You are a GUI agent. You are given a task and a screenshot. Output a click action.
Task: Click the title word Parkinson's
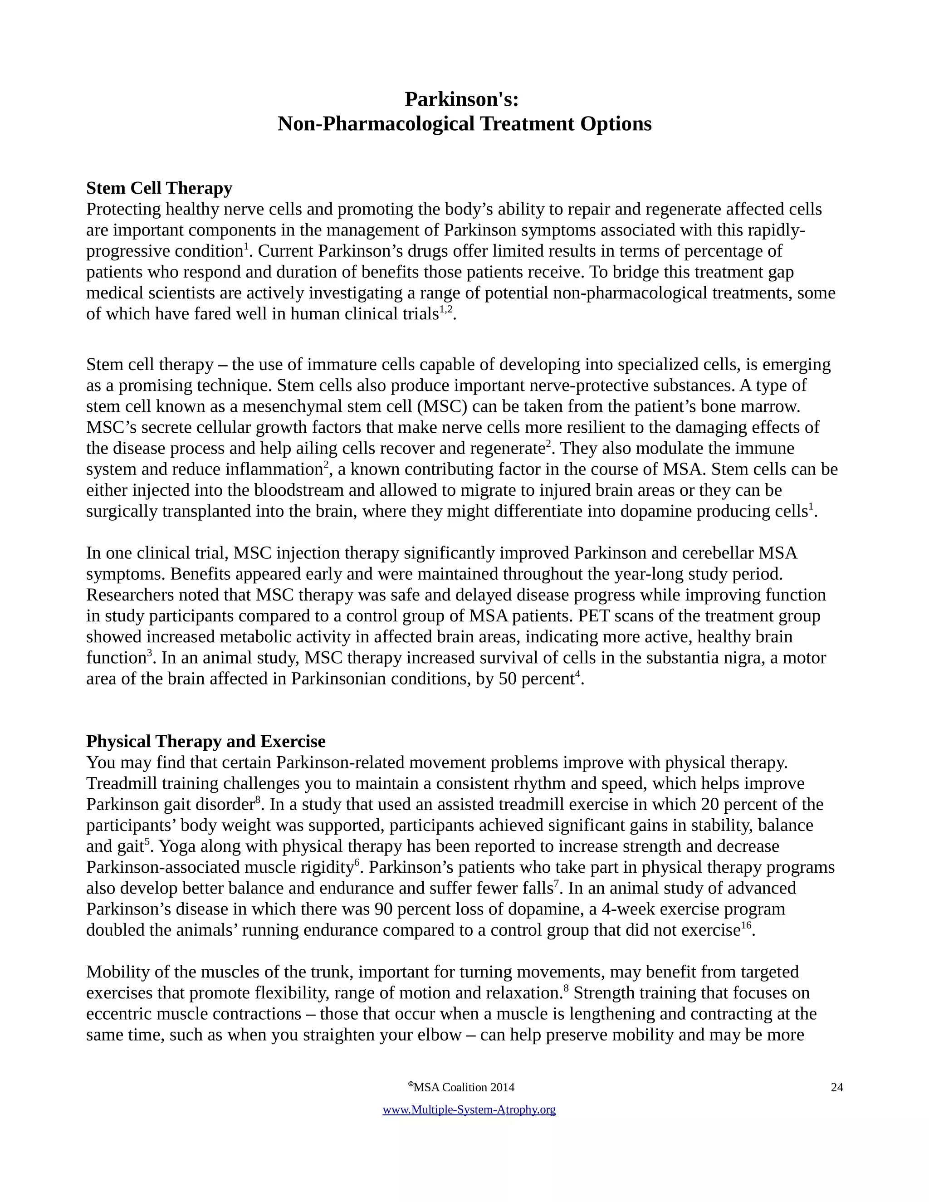coord(461,100)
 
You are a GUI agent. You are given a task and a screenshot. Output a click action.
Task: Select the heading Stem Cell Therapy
coord(159,188)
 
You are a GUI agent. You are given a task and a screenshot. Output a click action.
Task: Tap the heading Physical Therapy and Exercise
coord(206,741)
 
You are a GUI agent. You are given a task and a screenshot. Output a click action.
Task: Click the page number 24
coord(836,1087)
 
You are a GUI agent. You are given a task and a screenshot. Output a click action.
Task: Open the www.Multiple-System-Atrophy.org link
coord(469,1109)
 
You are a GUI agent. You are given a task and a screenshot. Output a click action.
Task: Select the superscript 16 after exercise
coord(746,925)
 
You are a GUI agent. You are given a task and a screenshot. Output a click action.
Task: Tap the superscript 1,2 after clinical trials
coord(446,310)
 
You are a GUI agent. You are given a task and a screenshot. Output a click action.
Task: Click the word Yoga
coord(176,846)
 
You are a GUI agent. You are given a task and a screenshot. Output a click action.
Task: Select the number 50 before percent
coord(508,679)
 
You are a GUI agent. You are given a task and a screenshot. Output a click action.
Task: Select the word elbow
coord(439,1035)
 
